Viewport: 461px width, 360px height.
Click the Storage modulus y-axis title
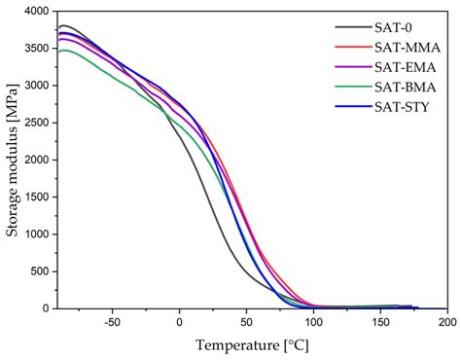tap(11, 161)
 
